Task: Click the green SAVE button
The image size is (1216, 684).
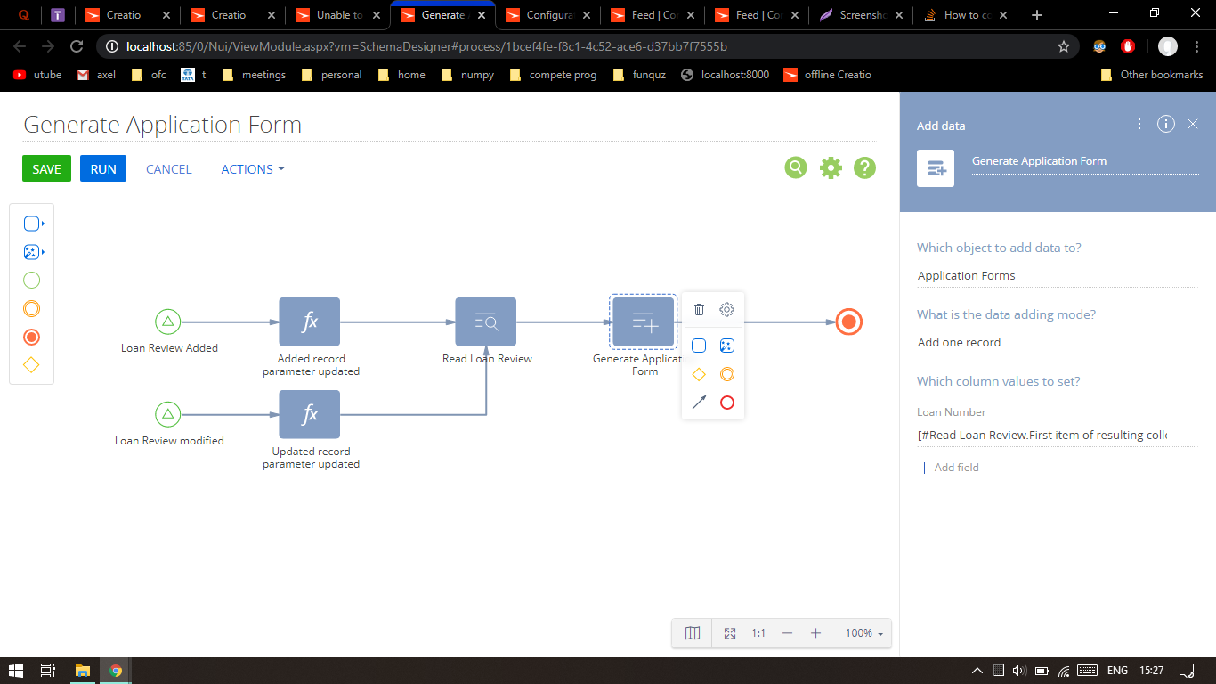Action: (46, 169)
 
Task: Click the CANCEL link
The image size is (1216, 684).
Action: (169, 169)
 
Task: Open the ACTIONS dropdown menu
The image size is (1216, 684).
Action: (253, 169)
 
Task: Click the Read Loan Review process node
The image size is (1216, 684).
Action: (486, 322)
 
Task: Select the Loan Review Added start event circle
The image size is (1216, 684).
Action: (167, 322)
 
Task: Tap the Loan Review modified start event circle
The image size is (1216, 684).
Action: (167, 414)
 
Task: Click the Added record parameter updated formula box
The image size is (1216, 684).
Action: (310, 322)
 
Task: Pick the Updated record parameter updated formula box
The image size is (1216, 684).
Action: (310, 414)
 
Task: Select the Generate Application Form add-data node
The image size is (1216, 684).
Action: (644, 322)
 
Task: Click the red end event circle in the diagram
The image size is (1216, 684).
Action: (849, 322)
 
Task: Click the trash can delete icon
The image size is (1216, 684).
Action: (699, 310)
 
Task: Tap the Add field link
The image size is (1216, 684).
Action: (948, 468)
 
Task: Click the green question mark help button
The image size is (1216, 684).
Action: (864, 167)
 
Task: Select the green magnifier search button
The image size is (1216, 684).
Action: (796, 167)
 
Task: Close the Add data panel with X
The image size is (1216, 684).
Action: (1193, 125)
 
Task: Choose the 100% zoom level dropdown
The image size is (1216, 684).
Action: (864, 633)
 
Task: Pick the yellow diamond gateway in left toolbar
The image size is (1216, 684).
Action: (31, 365)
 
